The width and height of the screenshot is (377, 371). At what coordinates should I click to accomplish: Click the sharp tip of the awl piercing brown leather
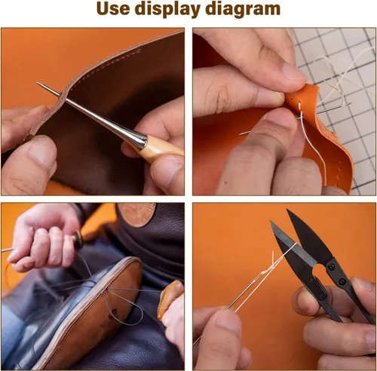[x=38, y=83]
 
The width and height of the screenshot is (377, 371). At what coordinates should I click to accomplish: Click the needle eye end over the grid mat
[x=349, y=103]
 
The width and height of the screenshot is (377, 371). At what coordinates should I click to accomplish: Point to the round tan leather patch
[x=137, y=215]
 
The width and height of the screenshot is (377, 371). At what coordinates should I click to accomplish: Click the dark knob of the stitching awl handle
[x=78, y=237]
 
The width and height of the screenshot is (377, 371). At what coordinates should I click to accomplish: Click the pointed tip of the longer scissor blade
[x=287, y=210]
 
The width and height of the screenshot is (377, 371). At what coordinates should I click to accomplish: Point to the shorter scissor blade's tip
[x=271, y=222]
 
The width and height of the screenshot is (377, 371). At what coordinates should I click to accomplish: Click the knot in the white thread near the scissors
[x=265, y=273]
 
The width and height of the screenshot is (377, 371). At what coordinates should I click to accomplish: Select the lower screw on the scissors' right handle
[x=342, y=281]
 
